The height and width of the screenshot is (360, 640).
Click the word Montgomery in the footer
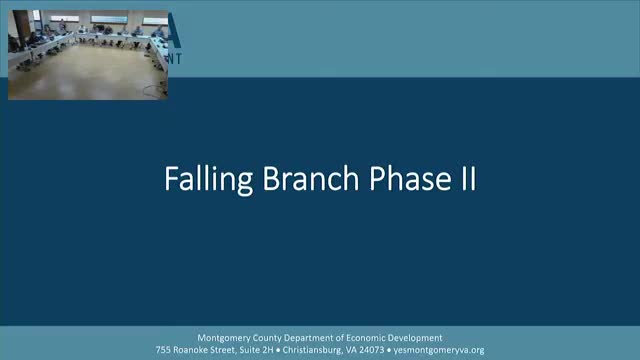point(237,337)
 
